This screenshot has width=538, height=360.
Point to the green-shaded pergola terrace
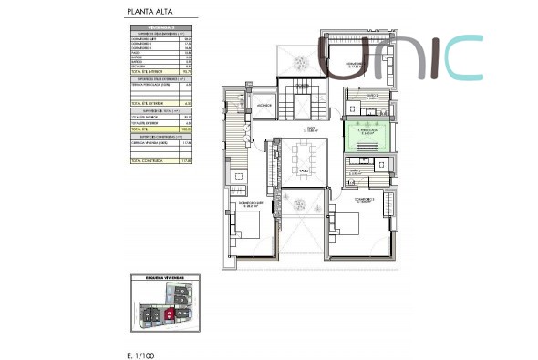(x=370, y=133)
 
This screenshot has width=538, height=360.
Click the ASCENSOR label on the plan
(x=264, y=104)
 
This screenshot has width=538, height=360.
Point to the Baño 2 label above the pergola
(x=370, y=95)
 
